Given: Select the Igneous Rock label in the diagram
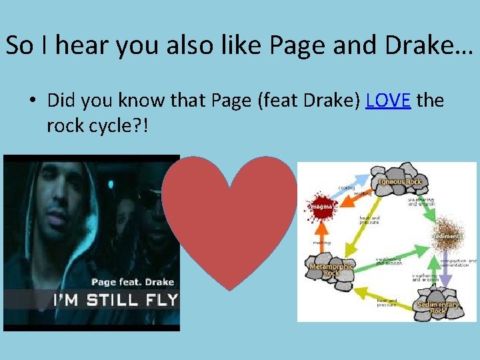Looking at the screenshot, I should pyautogui.click(x=400, y=181).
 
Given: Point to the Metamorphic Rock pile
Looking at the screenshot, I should pyautogui.click(x=332, y=271).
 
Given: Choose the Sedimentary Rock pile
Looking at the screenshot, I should pyautogui.click(x=438, y=303).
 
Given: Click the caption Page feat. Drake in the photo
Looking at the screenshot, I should pyautogui.click(x=132, y=281).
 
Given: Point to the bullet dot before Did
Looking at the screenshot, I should pyautogui.click(x=32, y=101).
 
